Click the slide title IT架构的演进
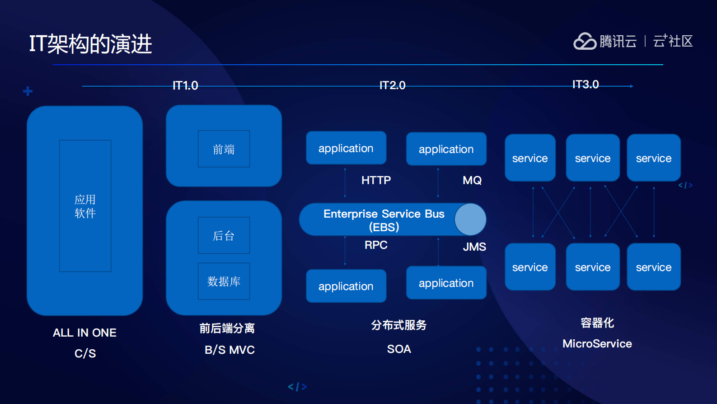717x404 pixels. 90,44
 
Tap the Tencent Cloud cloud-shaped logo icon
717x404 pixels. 585,41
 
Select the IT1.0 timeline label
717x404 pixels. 185,86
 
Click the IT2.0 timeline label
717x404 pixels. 392,86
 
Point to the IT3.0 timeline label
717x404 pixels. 585,85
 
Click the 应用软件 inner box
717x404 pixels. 85,206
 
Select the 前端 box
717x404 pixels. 224,149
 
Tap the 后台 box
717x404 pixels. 224,235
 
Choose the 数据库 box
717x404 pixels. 224,281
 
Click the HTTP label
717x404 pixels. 376,181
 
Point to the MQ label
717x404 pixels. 472,181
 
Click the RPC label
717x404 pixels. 376,245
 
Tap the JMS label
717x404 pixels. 474,247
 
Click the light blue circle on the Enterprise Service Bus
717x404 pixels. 470,219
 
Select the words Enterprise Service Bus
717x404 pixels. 384,214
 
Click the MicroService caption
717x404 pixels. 597,344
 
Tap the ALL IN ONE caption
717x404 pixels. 84,333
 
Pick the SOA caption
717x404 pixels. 399,349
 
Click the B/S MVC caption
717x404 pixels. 230,350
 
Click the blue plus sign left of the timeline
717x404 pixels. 28,91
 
